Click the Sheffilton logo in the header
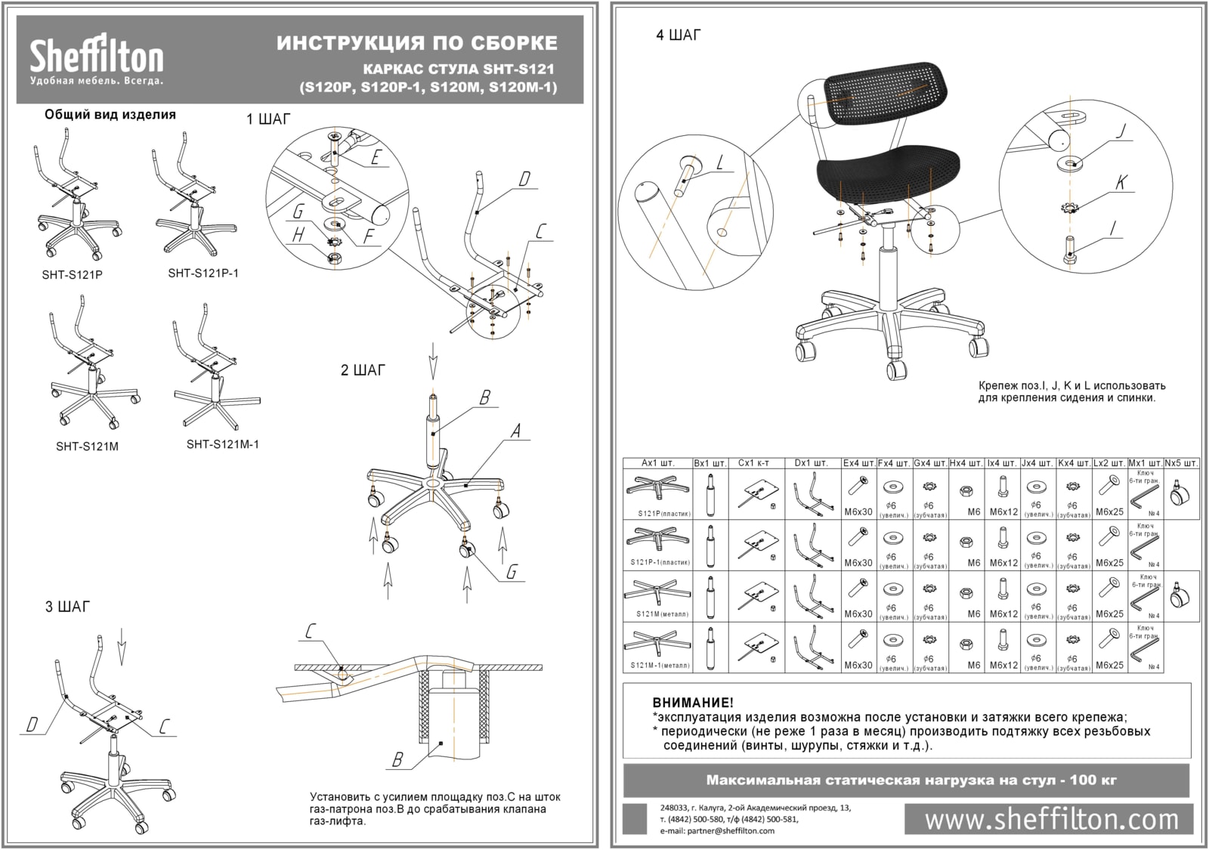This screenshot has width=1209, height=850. (96, 59)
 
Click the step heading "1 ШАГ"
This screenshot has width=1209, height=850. (267, 119)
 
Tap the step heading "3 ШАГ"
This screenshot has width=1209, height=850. (67, 607)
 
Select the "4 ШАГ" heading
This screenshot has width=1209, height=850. (679, 36)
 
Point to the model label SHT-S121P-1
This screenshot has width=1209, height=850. (203, 273)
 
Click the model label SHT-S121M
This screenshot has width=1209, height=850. (87, 447)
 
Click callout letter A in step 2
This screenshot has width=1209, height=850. (516, 431)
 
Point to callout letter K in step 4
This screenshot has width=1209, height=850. (1121, 182)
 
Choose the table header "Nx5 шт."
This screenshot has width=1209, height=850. (1181, 462)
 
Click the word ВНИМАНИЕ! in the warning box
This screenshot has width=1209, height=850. (692, 703)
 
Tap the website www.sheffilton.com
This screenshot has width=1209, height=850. (1051, 819)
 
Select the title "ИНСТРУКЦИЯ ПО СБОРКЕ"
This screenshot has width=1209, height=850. (417, 42)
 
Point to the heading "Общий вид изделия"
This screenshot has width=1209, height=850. (110, 115)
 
